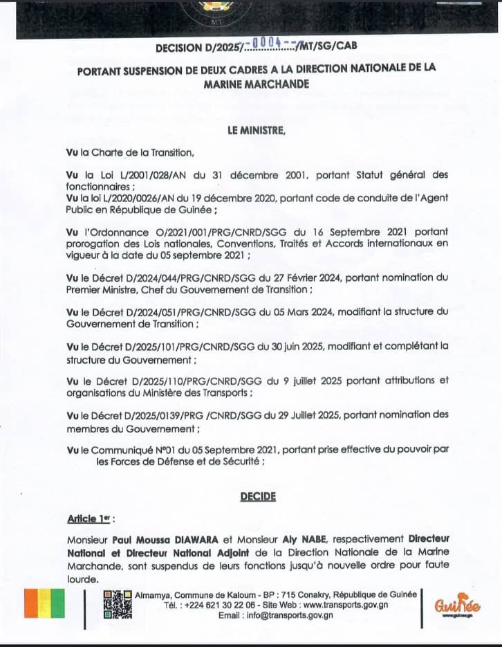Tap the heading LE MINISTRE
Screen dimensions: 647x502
[x=256, y=129]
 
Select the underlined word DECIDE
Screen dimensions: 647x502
[x=258, y=496]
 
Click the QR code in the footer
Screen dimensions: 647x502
[x=117, y=604]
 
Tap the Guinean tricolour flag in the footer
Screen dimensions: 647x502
[x=44, y=603]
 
